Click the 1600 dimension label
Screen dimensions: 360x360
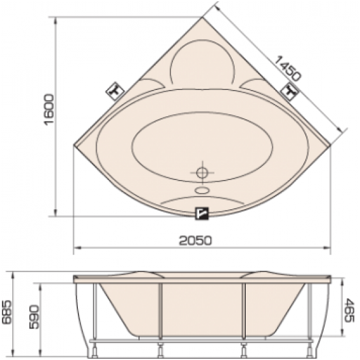pyautogui.click(x=49, y=109)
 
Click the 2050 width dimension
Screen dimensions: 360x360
pyautogui.click(x=195, y=241)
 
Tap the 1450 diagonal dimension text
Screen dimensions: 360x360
pyautogui.click(x=287, y=68)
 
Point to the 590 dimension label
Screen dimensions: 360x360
pyautogui.click(x=34, y=317)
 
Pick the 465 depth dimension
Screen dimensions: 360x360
pyautogui.click(x=350, y=310)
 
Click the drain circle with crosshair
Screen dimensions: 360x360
pyautogui.click(x=202, y=172)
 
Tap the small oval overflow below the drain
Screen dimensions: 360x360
pyautogui.click(x=202, y=190)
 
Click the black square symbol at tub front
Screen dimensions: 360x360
pyautogui.click(x=202, y=214)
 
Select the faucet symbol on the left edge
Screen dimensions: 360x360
pyautogui.click(x=115, y=91)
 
